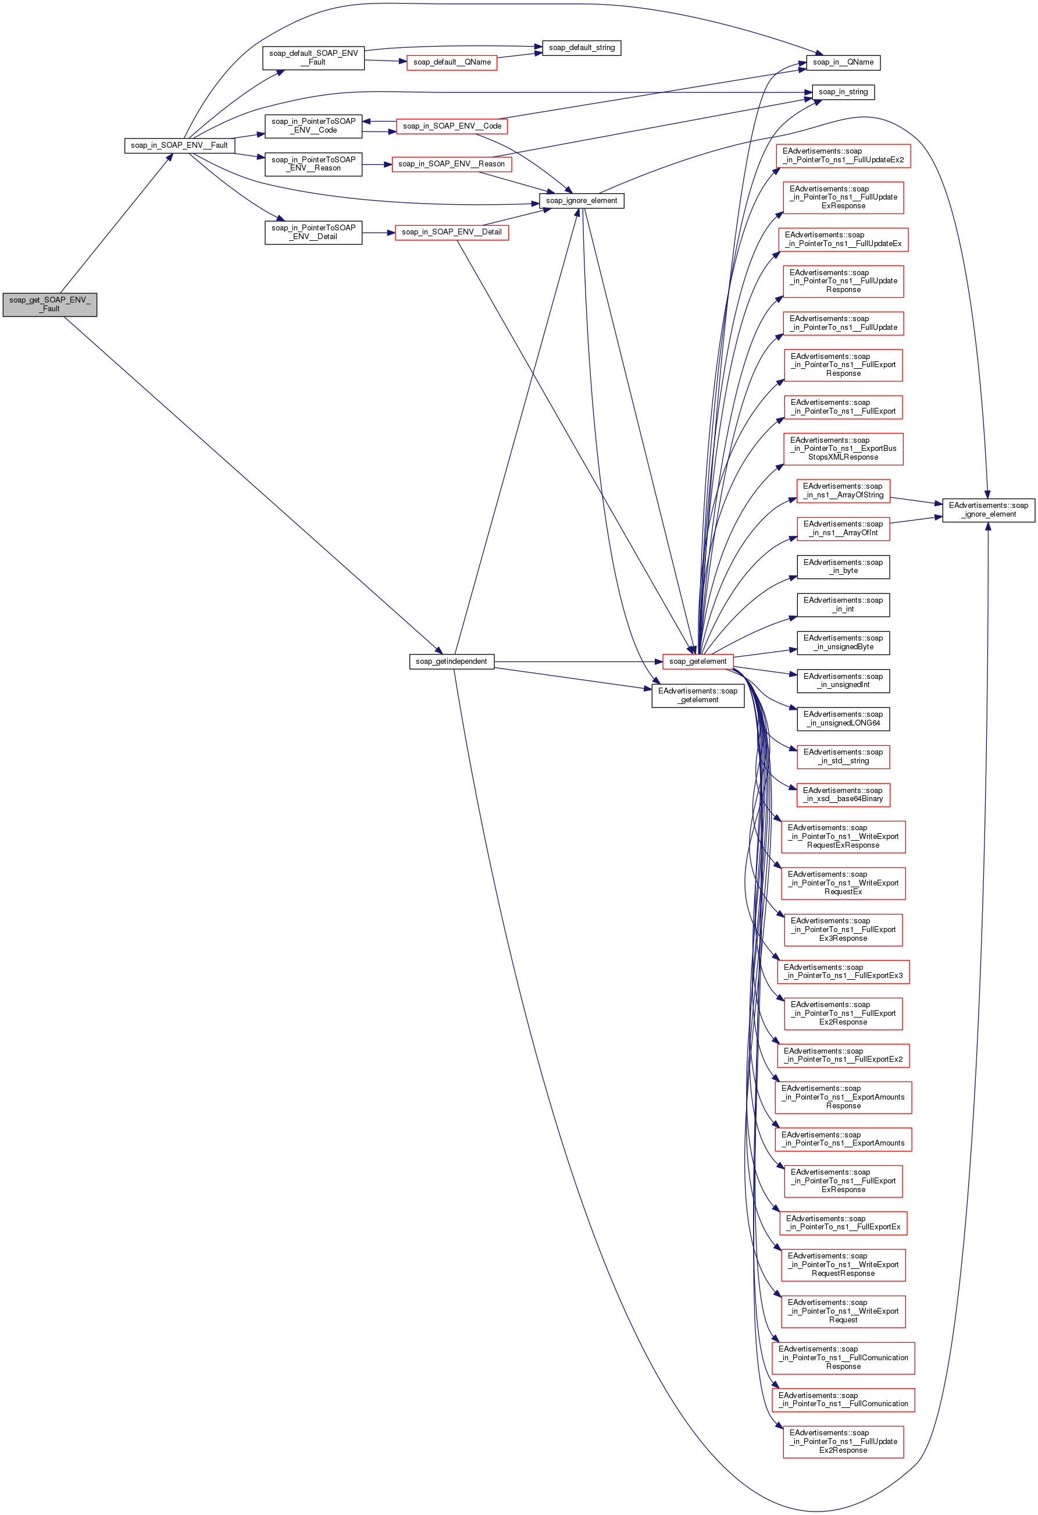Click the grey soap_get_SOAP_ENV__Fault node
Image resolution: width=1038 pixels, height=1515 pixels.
[x=49, y=304]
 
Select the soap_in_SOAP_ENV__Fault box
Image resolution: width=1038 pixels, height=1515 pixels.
[x=179, y=145]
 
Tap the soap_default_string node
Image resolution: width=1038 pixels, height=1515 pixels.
[x=582, y=48]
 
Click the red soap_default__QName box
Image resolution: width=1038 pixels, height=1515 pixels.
[x=452, y=63]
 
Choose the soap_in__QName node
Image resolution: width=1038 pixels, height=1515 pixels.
[x=843, y=63]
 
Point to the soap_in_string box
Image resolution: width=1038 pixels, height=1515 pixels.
[x=843, y=92]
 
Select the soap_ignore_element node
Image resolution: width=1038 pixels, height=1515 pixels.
[x=582, y=201]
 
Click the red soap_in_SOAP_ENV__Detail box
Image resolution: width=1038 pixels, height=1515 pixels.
[x=452, y=232]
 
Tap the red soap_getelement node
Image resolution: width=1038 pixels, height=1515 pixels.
[x=697, y=661]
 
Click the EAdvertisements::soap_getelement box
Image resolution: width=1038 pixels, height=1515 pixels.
[x=697, y=696]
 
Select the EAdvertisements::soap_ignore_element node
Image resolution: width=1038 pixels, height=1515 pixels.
[x=988, y=510]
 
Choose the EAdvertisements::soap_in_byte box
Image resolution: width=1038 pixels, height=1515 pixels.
[x=843, y=567]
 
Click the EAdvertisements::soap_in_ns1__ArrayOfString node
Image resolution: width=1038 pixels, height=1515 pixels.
[x=843, y=490]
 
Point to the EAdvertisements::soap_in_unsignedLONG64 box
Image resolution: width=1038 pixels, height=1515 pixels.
[x=843, y=719]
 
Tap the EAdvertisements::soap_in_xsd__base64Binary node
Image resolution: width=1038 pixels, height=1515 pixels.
[x=843, y=795]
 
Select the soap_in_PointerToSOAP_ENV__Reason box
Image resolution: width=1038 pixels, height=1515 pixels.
[x=313, y=163]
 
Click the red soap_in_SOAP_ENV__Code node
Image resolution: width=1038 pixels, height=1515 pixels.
[x=452, y=126]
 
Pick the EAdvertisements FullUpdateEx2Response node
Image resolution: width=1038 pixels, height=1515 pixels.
[x=843, y=1441]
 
